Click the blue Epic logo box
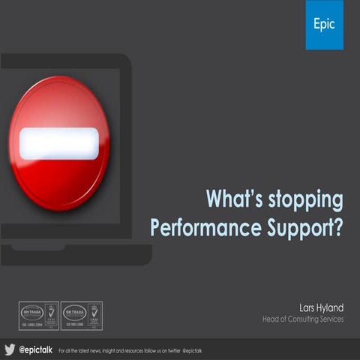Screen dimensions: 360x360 tap(324, 25)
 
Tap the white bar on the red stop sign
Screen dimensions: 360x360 tap(58, 142)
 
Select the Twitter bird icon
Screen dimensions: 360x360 tap(10, 349)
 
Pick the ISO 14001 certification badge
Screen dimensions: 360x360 tap(38, 315)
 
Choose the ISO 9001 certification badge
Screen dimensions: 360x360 tap(82, 315)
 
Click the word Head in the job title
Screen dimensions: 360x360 tap(270, 319)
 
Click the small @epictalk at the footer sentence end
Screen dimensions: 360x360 tap(191, 350)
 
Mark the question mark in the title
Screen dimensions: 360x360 tap(337, 226)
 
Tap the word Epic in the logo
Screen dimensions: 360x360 tap(324, 24)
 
